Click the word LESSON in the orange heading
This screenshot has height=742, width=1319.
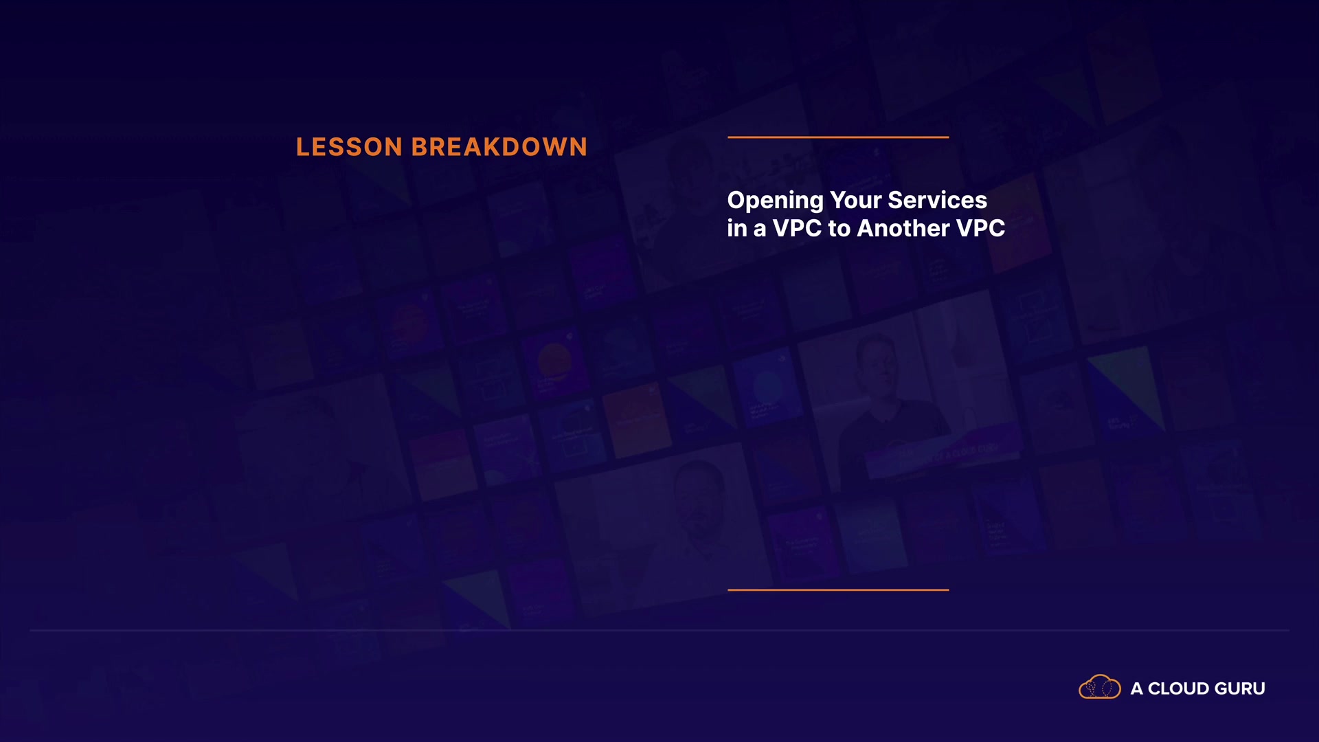tap(349, 147)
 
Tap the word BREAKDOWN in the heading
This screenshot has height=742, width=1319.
tap(499, 147)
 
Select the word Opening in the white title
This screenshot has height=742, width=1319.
tap(776, 201)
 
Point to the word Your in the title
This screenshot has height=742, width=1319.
tap(856, 200)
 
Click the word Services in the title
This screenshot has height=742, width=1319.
tap(938, 200)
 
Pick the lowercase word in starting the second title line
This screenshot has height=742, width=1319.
tap(737, 228)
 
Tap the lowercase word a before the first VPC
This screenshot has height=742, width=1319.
tap(760, 230)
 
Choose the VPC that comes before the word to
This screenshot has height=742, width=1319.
tap(797, 228)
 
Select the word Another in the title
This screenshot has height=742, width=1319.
tap(903, 228)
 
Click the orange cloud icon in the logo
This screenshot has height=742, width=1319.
tap(1100, 686)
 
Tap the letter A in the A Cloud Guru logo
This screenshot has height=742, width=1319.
tap(1137, 688)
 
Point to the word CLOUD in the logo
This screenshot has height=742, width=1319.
tap(1179, 688)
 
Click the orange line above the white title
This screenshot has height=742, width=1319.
tap(838, 137)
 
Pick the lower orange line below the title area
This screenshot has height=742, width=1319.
tap(838, 589)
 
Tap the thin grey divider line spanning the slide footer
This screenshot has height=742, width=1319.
tap(659, 630)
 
